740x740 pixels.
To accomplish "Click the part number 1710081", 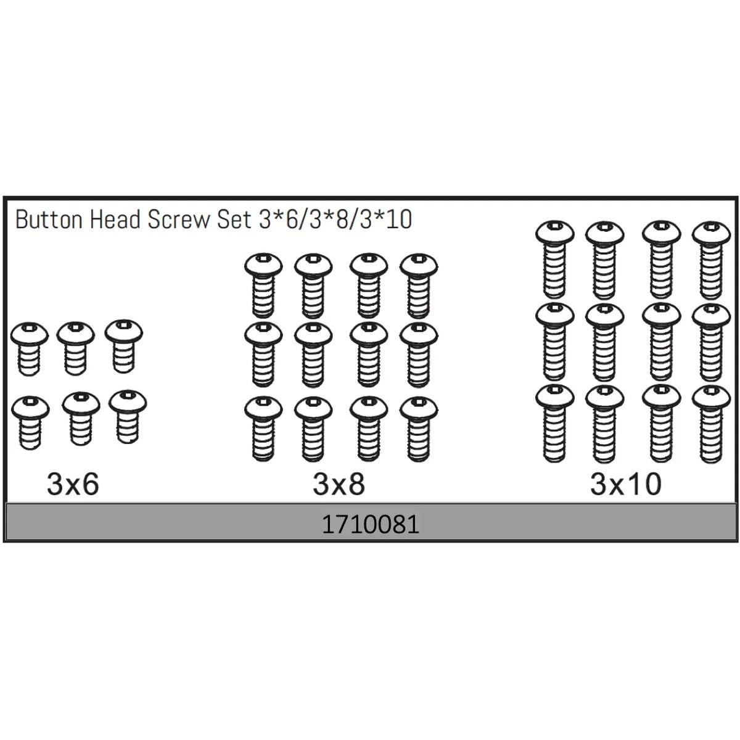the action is [370, 525].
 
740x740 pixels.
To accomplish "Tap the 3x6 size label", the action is [73, 484].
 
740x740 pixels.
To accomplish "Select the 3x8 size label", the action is [339, 484].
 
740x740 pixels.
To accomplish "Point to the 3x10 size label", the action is [625, 484].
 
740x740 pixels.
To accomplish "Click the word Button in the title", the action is [49, 220].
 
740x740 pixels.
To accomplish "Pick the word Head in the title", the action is [115, 220].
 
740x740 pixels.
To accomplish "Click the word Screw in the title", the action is [179, 220].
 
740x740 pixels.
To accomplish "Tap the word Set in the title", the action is [234, 220].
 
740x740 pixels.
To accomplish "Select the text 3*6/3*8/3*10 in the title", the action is [335, 220].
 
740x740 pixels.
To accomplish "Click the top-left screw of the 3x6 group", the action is [30, 348].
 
